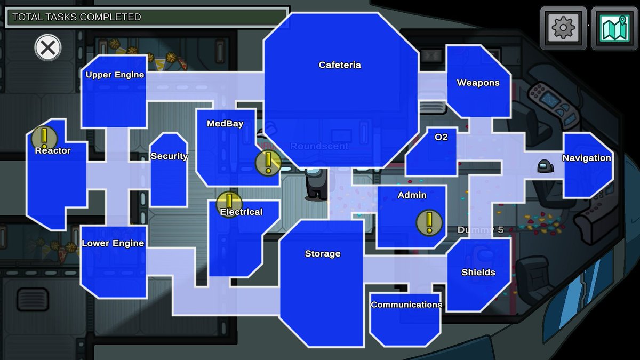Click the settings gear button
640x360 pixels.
(x=563, y=28)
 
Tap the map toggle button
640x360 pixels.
(x=614, y=28)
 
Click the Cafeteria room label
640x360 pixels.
(x=340, y=65)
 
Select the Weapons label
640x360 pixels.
(x=478, y=83)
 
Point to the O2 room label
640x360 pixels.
(x=441, y=137)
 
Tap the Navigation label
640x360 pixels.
(x=587, y=158)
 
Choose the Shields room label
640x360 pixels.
(x=478, y=272)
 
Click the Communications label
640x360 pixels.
(x=406, y=305)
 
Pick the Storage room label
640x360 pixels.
(x=323, y=253)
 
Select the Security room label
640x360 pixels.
(x=169, y=156)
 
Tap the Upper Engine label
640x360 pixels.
(x=115, y=75)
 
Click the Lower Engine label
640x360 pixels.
(x=113, y=243)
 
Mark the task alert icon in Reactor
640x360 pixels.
(x=44, y=138)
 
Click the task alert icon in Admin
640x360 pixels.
(x=429, y=222)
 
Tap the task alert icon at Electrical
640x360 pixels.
(x=229, y=204)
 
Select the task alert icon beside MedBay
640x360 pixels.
(x=268, y=163)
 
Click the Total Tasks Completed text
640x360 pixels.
(x=77, y=17)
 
